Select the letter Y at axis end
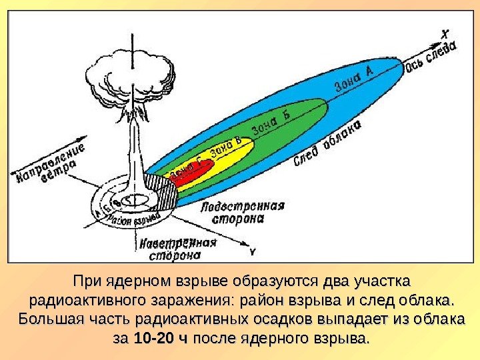point(253,252)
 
